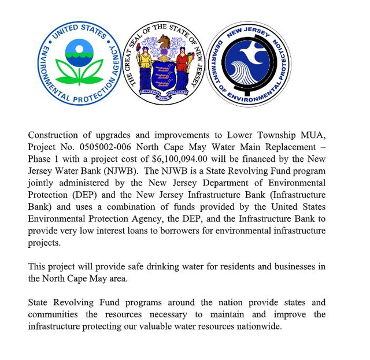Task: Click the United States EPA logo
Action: point(80,63)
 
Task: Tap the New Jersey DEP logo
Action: point(249,63)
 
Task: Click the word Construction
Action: point(54,135)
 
